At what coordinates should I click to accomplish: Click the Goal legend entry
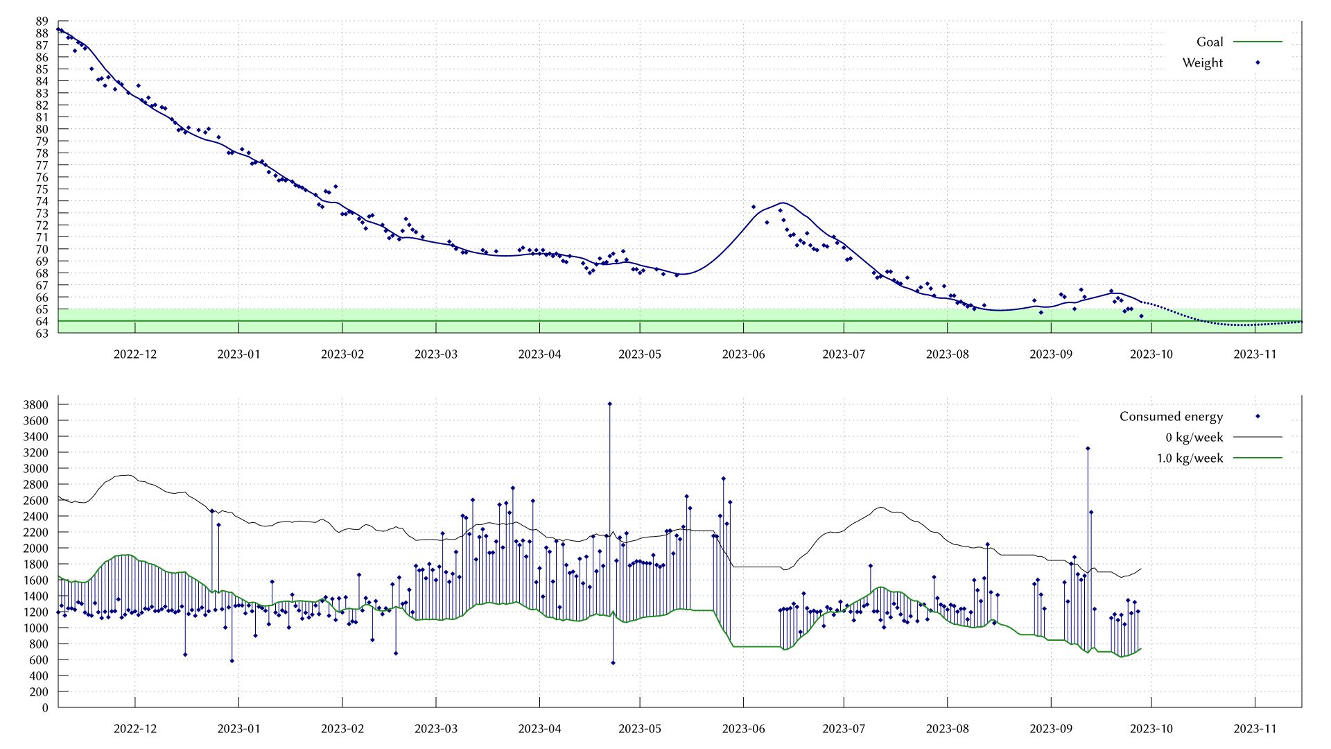pyautogui.click(x=1210, y=42)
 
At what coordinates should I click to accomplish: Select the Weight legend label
pyautogui.click(x=1202, y=62)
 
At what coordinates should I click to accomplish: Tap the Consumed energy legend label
pyautogui.click(x=1171, y=416)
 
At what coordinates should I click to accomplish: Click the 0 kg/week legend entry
pyautogui.click(x=1194, y=437)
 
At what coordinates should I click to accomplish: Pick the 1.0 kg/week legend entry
pyautogui.click(x=1190, y=458)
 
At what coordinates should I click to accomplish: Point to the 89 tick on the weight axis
pyautogui.click(x=42, y=21)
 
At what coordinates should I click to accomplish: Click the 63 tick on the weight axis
pyautogui.click(x=42, y=333)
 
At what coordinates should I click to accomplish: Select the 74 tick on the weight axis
pyautogui.click(x=42, y=201)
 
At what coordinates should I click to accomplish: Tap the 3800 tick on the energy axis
pyautogui.click(x=35, y=404)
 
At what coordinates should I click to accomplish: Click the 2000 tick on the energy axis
pyautogui.click(x=35, y=548)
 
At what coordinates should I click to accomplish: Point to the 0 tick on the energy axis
pyautogui.click(x=45, y=707)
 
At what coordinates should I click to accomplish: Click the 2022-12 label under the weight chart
pyautogui.click(x=135, y=354)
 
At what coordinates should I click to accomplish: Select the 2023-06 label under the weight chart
pyautogui.click(x=743, y=354)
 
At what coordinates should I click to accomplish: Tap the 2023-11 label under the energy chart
pyautogui.click(x=1255, y=729)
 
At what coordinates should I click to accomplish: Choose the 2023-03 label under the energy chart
pyautogui.click(x=436, y=729)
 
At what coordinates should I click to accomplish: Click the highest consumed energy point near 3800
pyautogui.click(x=609, y=404)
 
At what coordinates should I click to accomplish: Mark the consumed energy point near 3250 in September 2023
pyautogui.click(x=1088, y=449)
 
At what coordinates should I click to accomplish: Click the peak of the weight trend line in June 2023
pyautogui.click(x=783, y=203)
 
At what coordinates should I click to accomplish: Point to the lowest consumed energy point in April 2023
pyautogui.click(x=613, y=663)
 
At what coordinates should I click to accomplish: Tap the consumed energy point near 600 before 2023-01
pyautogui.click(x=232, y=661)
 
